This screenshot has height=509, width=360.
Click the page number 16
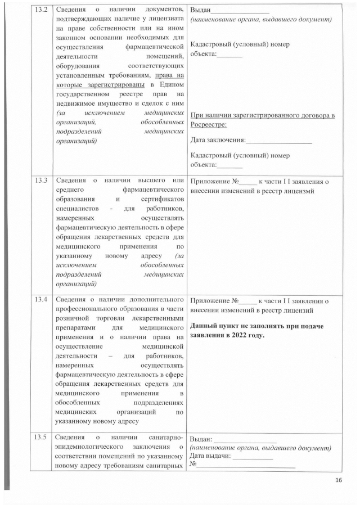click(x=339, y=480)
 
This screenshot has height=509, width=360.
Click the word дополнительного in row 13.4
click(x=156, y=298)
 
